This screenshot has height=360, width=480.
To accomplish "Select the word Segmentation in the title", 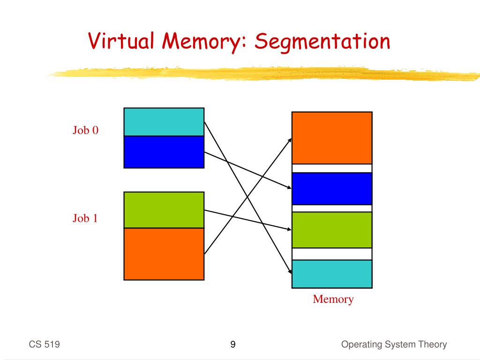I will coord(322,42).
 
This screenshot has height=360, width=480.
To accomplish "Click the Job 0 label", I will coord(85,130).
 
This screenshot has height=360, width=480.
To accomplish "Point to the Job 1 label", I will coord(85,218).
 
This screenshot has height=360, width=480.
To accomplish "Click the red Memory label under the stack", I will coord(333,299).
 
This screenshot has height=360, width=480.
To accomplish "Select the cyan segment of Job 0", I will coord(164,122).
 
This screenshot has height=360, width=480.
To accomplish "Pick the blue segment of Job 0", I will coord(164,152).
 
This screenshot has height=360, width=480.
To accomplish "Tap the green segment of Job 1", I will coord(164,210).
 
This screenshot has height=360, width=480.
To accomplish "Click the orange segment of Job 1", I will coord(164,254).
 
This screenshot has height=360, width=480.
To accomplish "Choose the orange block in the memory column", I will coord(332,138).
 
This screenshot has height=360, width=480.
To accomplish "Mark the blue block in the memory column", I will coord(332,188).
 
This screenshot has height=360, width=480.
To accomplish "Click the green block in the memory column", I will coord(332,230).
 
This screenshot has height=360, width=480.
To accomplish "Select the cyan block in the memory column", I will coord(332,273).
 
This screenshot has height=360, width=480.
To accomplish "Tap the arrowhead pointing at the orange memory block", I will coord(290,140).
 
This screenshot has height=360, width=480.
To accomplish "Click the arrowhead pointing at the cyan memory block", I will coord(289,270).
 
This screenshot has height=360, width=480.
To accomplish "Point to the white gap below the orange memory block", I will coord(332,168).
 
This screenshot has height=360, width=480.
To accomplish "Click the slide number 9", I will coord(233,345).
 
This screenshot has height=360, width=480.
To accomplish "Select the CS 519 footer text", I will coord(44,345).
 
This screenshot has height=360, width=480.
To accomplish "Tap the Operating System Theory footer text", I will coord(394,345).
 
